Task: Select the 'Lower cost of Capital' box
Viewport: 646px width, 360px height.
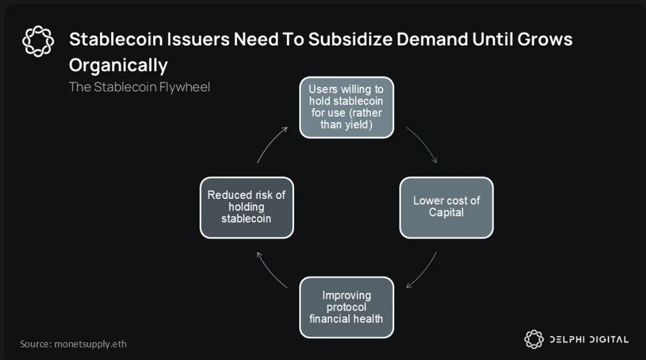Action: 446,207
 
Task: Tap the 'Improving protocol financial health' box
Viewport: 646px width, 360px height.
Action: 347,307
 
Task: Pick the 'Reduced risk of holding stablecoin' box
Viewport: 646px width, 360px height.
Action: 246,207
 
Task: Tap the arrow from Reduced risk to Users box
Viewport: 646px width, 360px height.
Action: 273,145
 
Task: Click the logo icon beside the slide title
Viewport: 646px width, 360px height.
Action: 38,40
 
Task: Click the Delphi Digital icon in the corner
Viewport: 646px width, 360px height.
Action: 533,339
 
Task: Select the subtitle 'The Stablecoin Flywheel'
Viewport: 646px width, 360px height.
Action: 140,87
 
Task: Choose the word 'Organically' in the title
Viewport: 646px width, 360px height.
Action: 118,65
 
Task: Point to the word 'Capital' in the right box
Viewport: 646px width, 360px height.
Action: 446,213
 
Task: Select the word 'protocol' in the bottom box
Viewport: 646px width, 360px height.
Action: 347,307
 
